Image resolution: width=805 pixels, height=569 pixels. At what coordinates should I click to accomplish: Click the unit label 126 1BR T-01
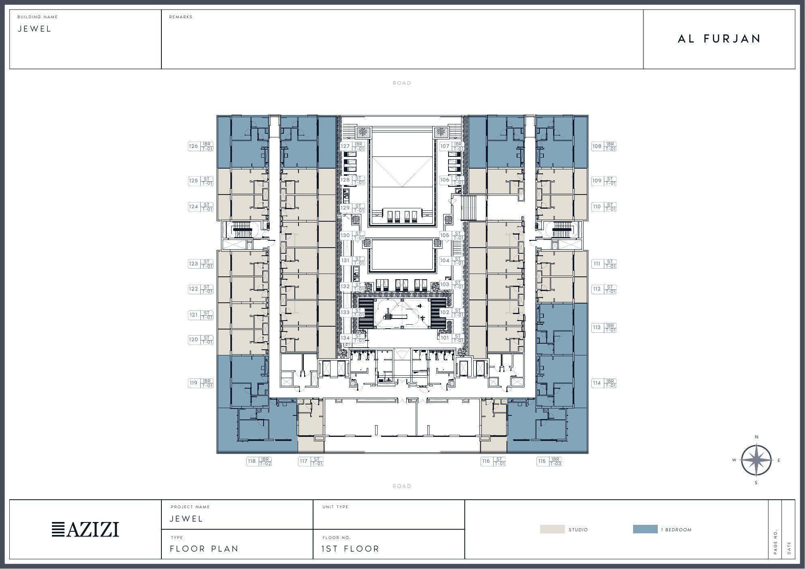(x=200, y=146)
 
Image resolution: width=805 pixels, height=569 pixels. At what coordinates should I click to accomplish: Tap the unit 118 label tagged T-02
(x=259, y=461)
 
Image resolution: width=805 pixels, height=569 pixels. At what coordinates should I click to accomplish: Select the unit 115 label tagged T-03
(x=549, y=461)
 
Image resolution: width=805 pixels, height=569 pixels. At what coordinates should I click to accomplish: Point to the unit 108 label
(x=603, y=146)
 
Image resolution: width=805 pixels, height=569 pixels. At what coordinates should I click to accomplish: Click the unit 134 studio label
(x=352, y=338)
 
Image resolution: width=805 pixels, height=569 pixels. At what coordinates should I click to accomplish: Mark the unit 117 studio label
(x=311, y=461)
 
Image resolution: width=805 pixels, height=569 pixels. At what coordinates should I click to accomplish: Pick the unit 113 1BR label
(x=603, y=327)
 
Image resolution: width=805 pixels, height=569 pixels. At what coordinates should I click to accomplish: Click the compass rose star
(x=756, y=460)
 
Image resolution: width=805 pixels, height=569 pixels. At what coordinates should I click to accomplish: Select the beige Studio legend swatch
(x=552, y=529)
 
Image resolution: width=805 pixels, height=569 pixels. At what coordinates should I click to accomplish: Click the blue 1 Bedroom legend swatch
(x=645, y=529)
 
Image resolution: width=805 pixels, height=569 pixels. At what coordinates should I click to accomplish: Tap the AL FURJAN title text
(x=719, y=39)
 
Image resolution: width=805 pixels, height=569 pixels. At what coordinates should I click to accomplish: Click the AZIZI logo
(x=85, y=529)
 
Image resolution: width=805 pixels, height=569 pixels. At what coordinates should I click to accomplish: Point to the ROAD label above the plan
(x=401, y=83)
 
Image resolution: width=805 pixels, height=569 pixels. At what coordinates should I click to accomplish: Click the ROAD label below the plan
(x=401, y=486)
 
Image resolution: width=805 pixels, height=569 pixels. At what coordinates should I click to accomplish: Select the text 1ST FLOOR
(x=350, y=549)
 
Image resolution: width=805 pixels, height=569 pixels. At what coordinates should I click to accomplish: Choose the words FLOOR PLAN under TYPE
(x=204, y=549)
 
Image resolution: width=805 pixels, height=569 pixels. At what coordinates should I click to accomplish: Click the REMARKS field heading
(x=180, y=17)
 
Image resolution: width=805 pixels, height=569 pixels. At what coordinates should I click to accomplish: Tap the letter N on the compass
(x=756, y=437)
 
